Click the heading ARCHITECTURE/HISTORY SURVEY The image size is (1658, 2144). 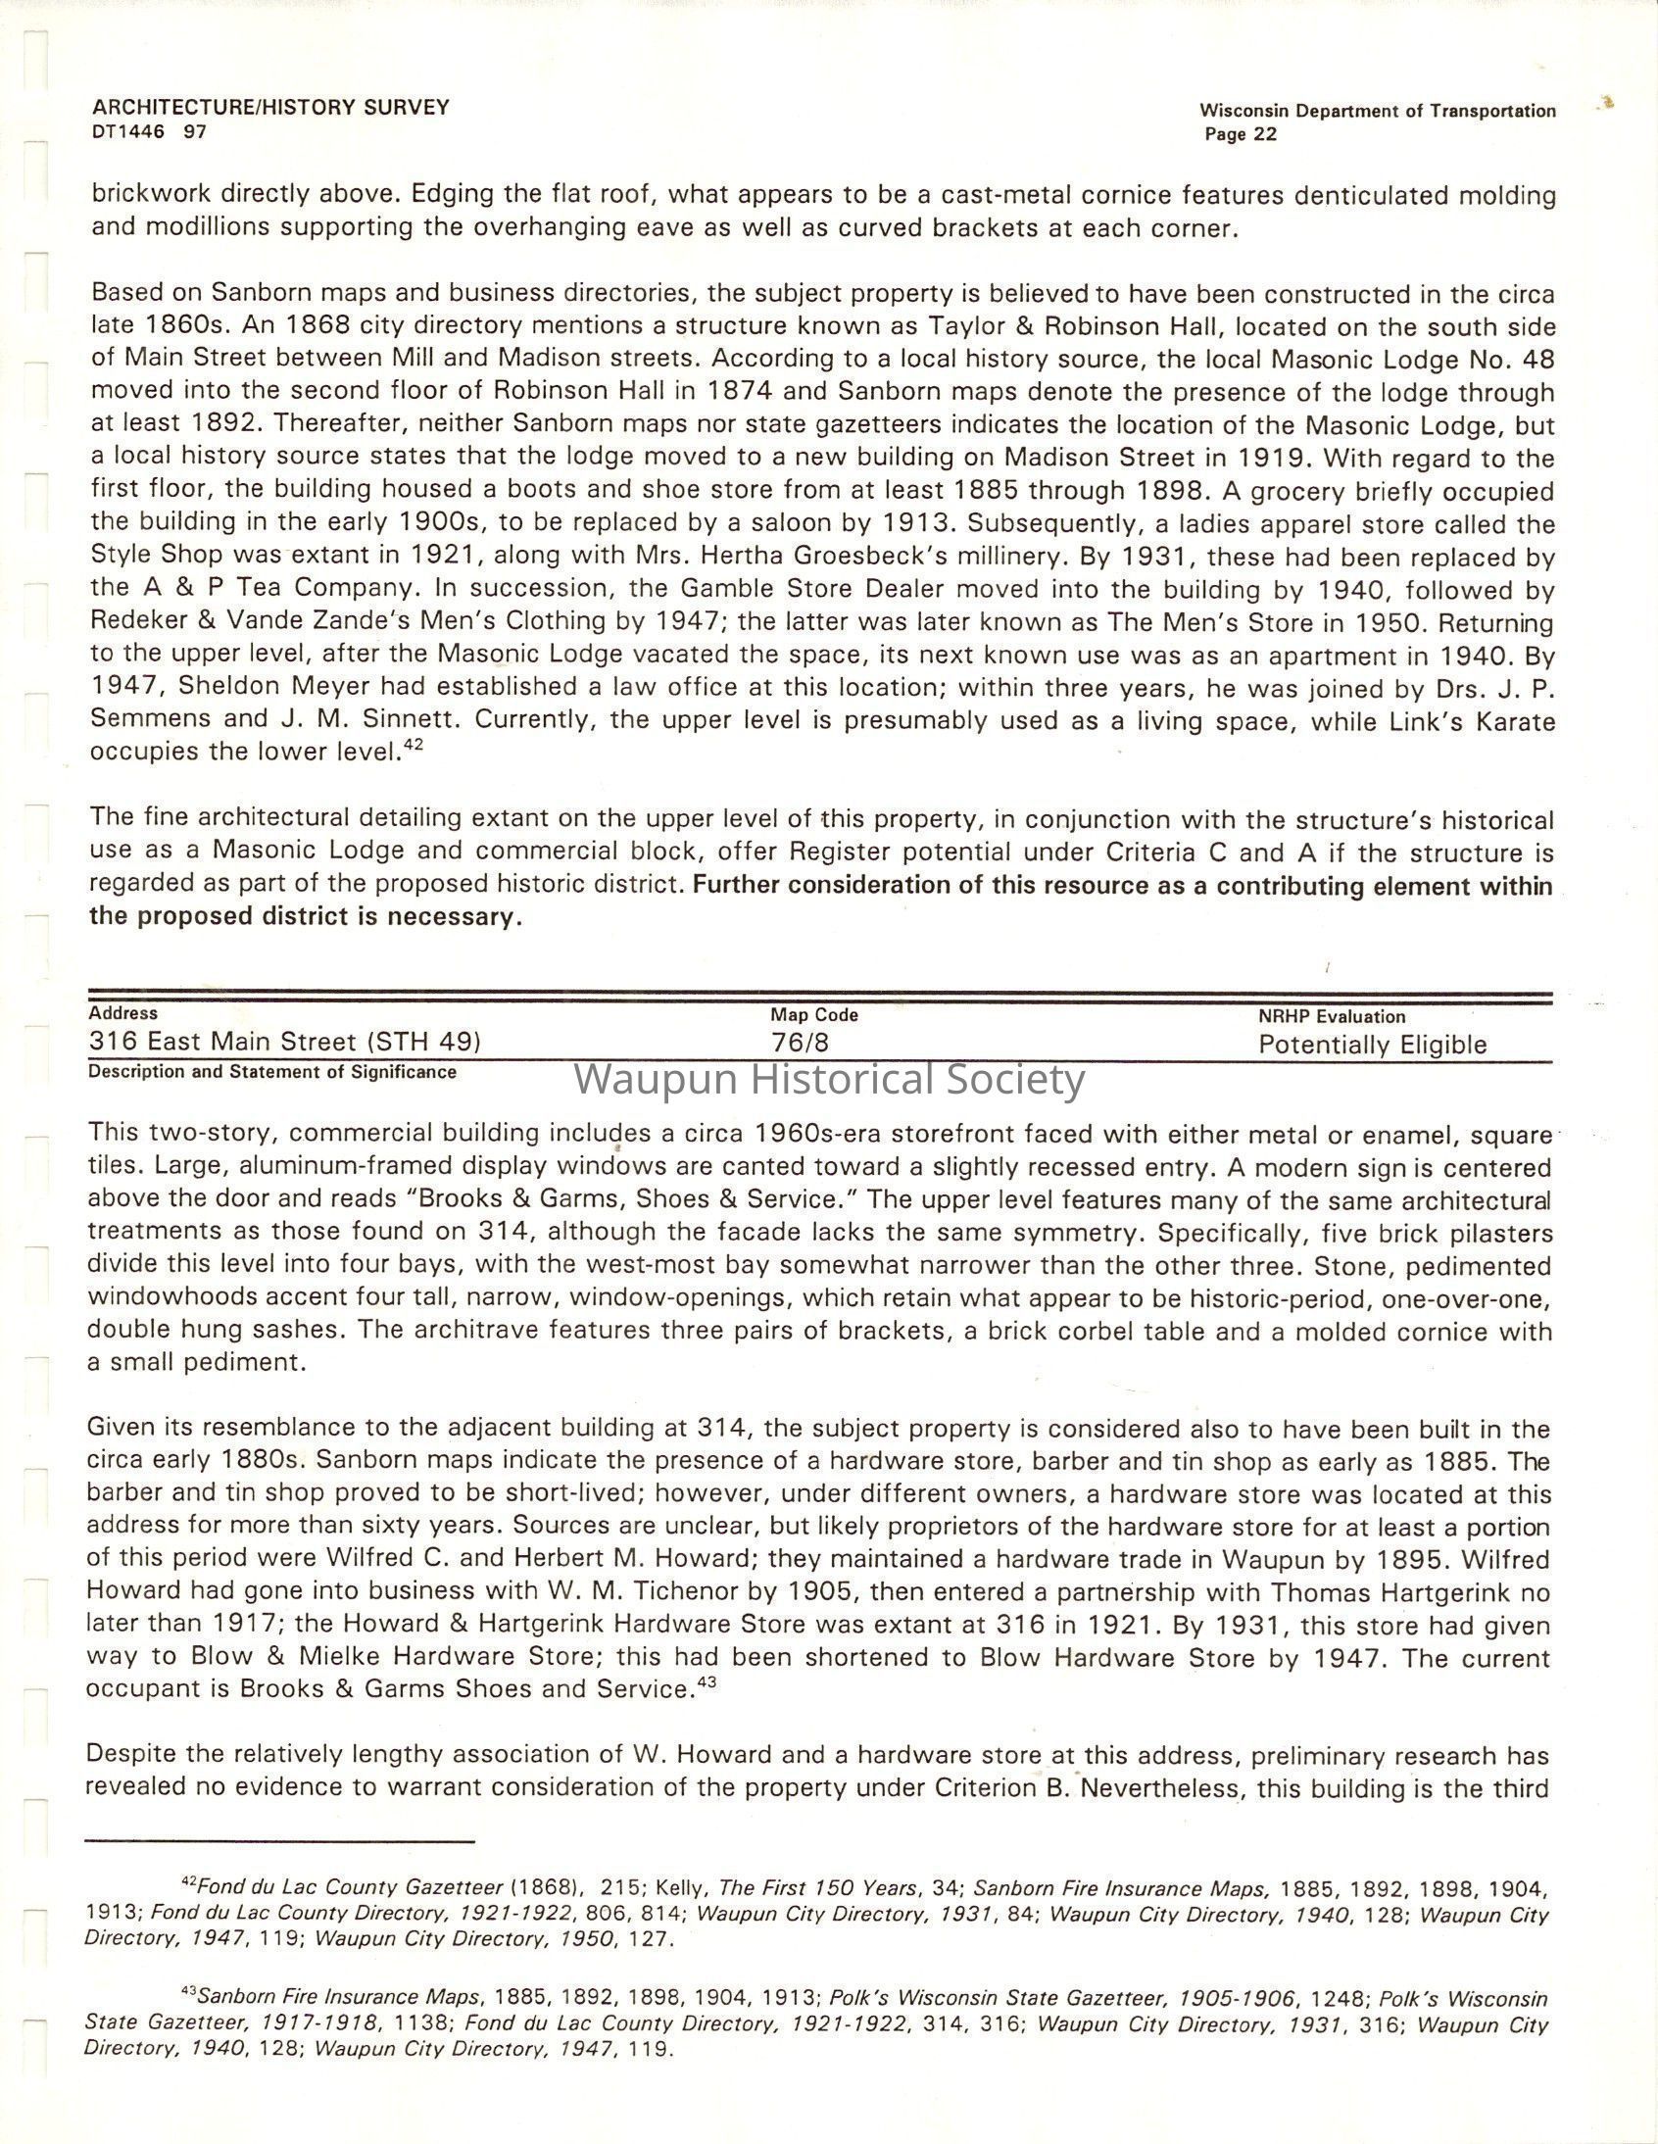pos(270,107)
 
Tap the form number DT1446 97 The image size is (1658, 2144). pos(149,131)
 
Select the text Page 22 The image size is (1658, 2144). pos(1241,134)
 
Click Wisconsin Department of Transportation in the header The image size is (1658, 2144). pos(1377,111)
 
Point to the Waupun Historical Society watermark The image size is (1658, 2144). pos(830,1079)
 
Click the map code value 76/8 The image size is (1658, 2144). pos(800,1043)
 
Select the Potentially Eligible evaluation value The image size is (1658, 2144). pos(1372,1045)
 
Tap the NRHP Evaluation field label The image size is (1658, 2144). pos(1331,1017)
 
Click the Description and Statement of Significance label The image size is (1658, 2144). pos(271,1072)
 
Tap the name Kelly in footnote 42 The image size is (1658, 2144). pos(680,1887)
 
